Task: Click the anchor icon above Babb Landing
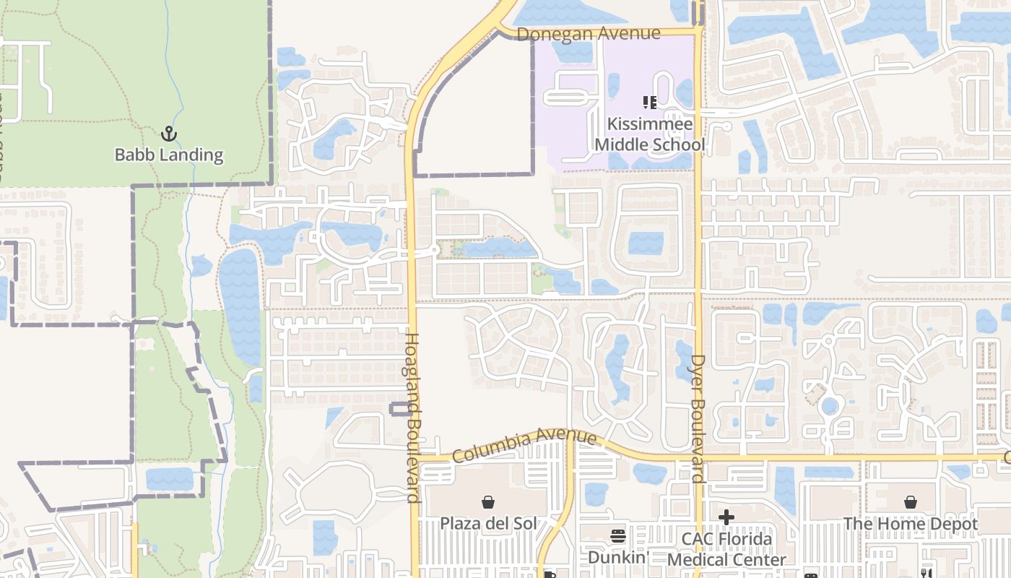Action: pos(168,134)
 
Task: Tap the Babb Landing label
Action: pos(169,155)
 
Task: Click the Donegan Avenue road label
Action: pos(589,34)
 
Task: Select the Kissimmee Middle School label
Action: pos(649,134)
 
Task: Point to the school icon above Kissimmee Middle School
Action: pos(649,103)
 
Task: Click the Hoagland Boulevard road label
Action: pos(412,417)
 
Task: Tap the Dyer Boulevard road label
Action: pos(698,418)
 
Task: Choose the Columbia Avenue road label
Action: pos(525,446)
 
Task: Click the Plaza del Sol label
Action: pos(489,523)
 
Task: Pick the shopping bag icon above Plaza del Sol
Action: pos(489,501)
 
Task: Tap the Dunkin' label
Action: pos(618,557)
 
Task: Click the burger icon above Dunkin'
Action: pos(618,536)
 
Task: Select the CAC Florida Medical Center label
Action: pos(726,549)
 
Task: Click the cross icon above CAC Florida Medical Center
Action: pos(726,517)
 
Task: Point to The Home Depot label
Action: pos(911,523)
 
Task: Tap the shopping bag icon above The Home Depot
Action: pos(911,501)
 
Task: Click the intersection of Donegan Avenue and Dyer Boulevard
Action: pos(698,32)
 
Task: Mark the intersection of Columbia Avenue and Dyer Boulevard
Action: pos(698,458)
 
